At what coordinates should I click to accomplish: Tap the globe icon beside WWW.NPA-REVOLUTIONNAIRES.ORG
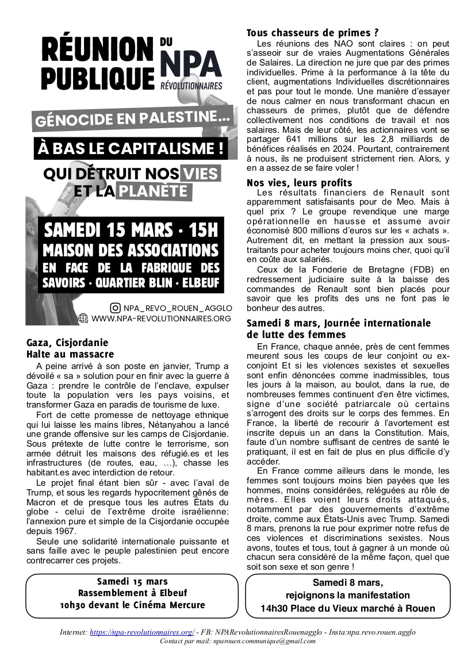click(83, 318)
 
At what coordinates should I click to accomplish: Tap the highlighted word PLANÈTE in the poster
click(154, 190)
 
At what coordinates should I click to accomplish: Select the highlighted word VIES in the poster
click(200, 173)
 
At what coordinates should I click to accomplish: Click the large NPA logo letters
click(190, 63)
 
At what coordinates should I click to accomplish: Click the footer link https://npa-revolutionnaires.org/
click(143, 632)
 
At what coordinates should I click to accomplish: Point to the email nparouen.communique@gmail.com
click(263, 640)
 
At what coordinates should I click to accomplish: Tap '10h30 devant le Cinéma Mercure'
click(132, 605)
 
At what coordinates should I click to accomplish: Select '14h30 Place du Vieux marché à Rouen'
click(348, 608)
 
